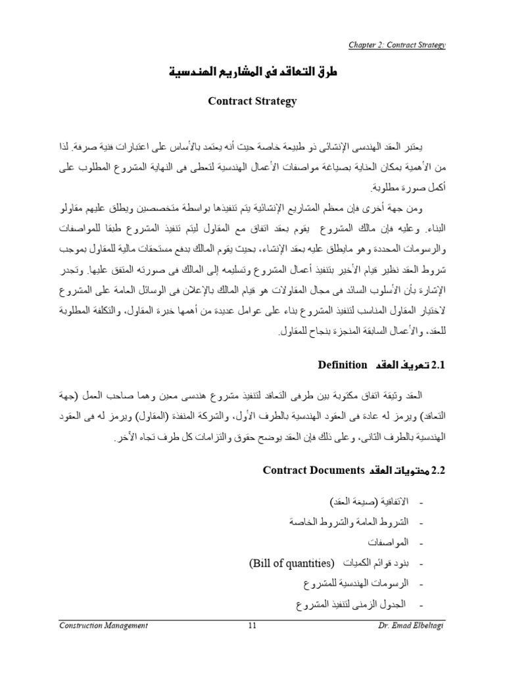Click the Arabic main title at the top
[x=252, y=73]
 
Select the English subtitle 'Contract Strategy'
[x=252, y=101]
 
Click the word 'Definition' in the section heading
[x=342, y=365]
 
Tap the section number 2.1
[x=437, y=365]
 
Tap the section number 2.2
[x=437, y=470]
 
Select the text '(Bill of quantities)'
[x=292, y=563]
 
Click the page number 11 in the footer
[x=252, y=626]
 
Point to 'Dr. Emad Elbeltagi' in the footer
[x=415, y=626]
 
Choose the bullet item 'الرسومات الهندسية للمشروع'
[x=356, y=584]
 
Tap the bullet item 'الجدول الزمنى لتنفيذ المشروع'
[x=352, y=604]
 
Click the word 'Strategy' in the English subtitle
[x=276, y=101]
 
